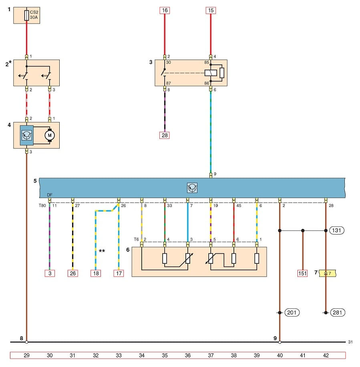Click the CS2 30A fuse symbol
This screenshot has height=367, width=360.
tap(26, 15)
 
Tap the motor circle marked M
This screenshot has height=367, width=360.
tap(50, 135)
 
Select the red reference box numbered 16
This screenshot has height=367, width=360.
tap(164, 10)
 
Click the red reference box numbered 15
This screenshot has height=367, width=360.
tap(211, 10)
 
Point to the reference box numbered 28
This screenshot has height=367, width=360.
tap(164, 135)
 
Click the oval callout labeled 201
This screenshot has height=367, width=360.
tap(292, 313)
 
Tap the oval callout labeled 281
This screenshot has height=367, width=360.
tap(338, 313)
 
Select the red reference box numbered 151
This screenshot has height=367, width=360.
tap(303, 273)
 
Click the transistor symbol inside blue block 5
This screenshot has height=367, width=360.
tap(192, 188)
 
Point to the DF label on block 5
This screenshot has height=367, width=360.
tap(50, 195)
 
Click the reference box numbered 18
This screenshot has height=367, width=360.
tap(95, 273)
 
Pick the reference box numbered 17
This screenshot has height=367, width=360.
tap(119, 273)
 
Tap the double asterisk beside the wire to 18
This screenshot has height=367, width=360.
tap(102, 251)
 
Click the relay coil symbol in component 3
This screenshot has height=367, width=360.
tap(211, 73)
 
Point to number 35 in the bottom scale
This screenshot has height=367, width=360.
tap(164, 355)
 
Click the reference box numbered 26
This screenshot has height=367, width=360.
tap(72, 273)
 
